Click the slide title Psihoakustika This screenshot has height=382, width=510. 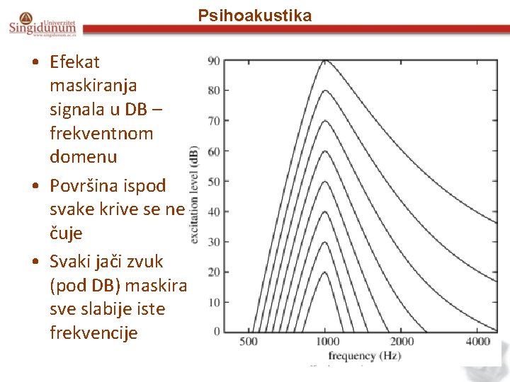(x=254, y=16)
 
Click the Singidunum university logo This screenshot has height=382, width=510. (x=42, y=24)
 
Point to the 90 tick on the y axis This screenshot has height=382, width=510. (x=213, y=61)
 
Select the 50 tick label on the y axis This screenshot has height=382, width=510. (x=213, y=182)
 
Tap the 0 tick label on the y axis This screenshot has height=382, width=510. (x=216, y=332)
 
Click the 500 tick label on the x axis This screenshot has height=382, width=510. (x=249, y=342)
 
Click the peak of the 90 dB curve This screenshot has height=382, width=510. (x=324, y=60)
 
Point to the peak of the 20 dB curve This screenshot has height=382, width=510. (x=324, y=272)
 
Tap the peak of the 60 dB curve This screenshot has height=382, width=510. (x=324, y=151)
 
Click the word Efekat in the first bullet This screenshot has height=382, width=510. (x=75, y=62)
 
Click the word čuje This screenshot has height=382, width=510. (x=66, y=233)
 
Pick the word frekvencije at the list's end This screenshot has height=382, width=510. (x=93, y=332)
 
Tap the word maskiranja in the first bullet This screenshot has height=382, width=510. (x=93, y=86)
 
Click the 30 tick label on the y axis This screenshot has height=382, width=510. (x=213, y=242)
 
